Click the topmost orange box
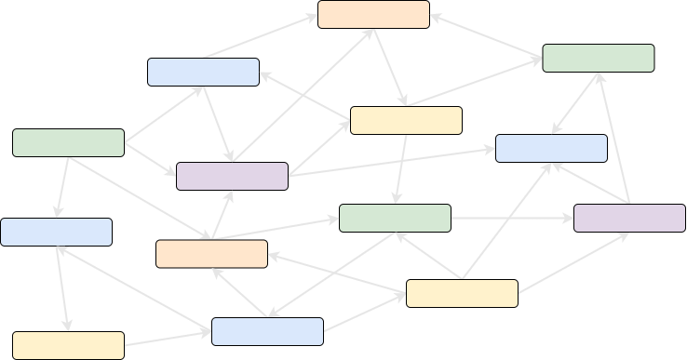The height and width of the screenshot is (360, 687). pos(373,15)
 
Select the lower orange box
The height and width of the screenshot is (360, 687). pos(211,254)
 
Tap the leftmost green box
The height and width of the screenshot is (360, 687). pos(68,143)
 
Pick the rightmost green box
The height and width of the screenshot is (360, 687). pos(598,59)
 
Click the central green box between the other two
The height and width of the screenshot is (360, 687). pos(395,219)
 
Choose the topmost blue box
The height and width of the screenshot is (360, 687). pos(203,73)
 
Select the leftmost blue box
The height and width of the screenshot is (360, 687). pos(56,233)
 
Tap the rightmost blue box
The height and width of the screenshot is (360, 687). pos(551,149)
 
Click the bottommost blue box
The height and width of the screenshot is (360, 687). pos(267,332)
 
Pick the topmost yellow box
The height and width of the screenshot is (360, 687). pos(406,121)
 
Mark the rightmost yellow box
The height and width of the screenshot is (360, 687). pos(462,294)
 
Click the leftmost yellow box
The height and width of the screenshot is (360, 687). pos(68,346)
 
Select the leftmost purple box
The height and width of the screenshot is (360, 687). pos(232,177)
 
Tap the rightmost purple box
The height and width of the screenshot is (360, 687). pos(629,219)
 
